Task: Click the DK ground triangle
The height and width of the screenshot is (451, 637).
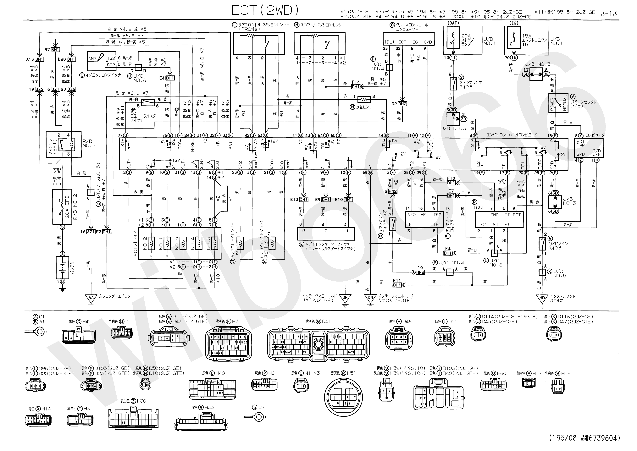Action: (345, 298)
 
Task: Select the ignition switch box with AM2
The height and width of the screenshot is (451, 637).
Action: (101, 61)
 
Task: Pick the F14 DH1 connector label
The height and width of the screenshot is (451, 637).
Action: (356, 85)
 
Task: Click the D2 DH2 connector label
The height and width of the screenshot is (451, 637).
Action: (399, 104)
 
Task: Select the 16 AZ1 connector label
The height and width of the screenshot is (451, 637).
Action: (88, 232)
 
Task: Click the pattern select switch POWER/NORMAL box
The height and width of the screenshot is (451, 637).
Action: (558, 103)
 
